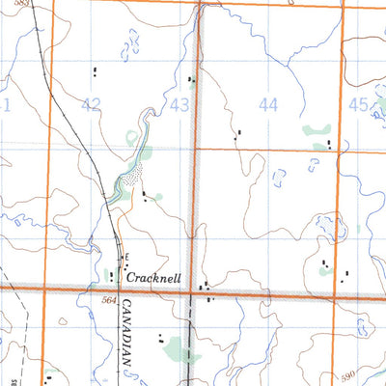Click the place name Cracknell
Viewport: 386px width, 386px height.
(x=155, y=276)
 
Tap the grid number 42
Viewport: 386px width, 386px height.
(x=92, y=104)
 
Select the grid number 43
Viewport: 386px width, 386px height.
(x=179, y=104)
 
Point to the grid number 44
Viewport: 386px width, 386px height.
(x=268, y=104)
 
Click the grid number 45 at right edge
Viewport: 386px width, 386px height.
(x=358, y=104)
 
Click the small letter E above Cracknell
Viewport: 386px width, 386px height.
(x=124, y=256)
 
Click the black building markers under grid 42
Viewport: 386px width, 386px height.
(x=95, y=70)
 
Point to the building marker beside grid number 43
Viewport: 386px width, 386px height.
(x=190, y=80)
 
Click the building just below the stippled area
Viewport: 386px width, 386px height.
(x=144, y=196)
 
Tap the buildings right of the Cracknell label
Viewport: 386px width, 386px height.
(x=205, y=288)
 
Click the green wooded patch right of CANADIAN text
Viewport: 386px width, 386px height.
(x=177, y=347)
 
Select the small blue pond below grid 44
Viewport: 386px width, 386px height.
(x=280, y=178)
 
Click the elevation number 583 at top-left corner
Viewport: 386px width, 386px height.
(x=23, y=4)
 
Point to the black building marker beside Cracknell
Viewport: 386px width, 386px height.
(x=112, y=276)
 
